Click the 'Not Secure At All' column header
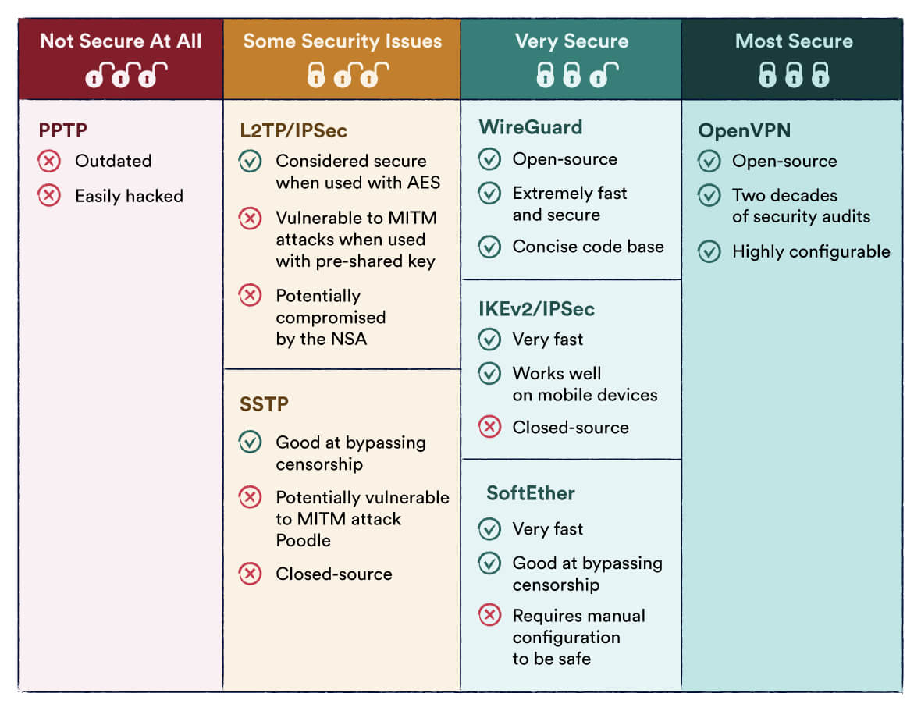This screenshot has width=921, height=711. (x=121, y=41)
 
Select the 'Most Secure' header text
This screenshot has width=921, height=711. (x=793, y=41)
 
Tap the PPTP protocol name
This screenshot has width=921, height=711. (x=62, y=130)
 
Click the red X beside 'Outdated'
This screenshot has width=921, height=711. (x=49, y=162)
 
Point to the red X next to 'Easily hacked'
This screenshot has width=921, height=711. (x=49, y=196)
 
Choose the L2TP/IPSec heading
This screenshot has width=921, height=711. (x=293, y=130)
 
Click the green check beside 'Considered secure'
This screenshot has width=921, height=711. (x=250, y=162)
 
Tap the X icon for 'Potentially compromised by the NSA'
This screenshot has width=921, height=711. (x=250, y=296)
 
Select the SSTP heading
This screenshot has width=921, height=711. (x=264, y=404)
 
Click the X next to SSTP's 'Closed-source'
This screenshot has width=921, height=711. (x=250, y=574)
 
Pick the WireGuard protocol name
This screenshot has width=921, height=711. (x=530, y=127)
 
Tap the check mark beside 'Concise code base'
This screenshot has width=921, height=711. (x=489, y=247)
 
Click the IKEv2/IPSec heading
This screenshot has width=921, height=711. (x=536, y=309)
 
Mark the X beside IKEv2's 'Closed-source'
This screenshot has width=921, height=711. (x=489, y=428)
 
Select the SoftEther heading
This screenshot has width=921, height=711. (x=530, y=493)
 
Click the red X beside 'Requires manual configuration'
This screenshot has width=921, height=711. (x=489, y=616)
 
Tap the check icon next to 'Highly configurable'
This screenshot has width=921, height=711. (x=709, y=251)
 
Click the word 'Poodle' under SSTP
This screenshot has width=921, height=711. (x=303, y=541)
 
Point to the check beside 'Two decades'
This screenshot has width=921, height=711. (x=709, y=195)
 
